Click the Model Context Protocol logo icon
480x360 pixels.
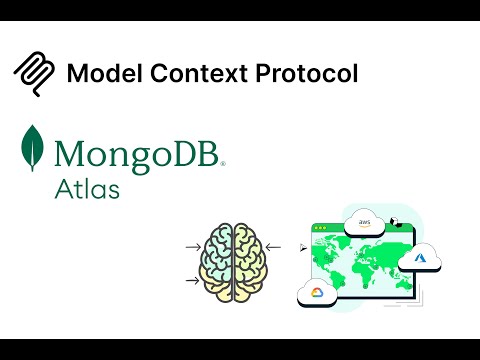(33, 72)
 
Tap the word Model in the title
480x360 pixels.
(97, 73)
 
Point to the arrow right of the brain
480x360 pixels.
(274, 246)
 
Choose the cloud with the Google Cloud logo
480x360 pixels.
(317, 291)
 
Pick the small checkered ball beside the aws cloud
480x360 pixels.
(397, 223)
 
